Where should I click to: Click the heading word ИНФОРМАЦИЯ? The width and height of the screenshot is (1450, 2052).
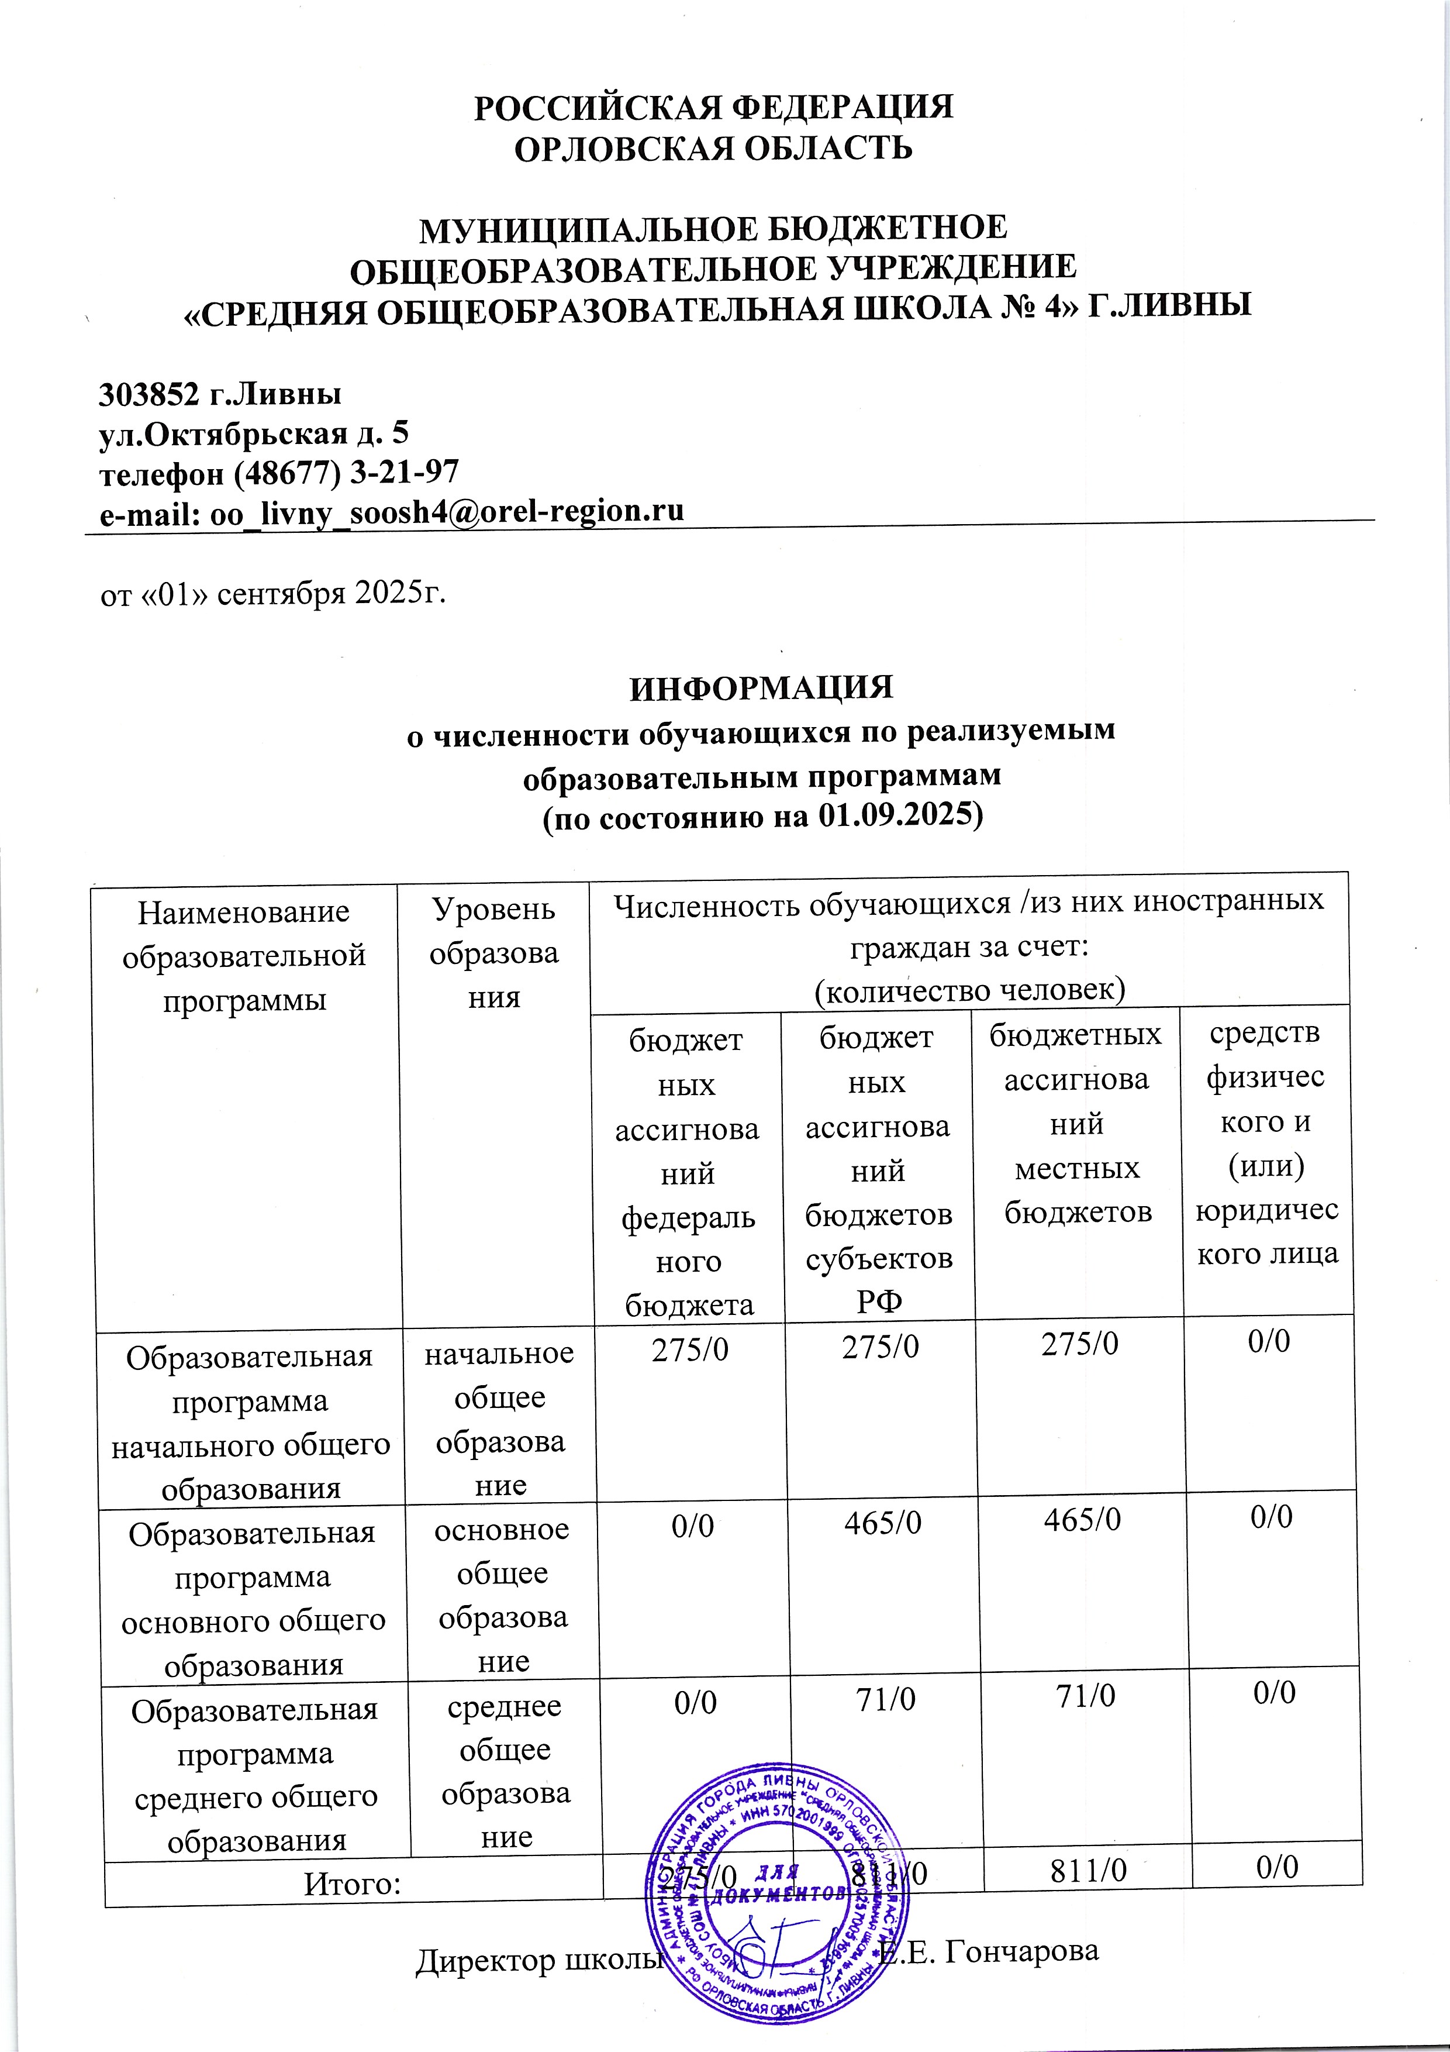761,688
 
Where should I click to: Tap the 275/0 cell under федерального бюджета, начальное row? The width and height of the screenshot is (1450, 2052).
689,1348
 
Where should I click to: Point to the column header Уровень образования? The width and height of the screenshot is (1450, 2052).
494,953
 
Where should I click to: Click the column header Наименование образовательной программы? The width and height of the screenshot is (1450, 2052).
244,955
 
